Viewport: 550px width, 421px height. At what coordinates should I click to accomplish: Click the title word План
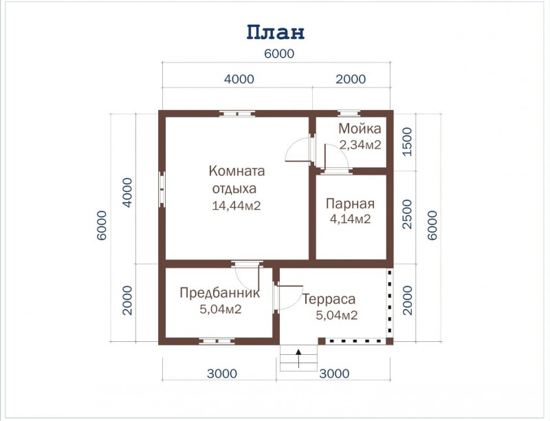pyautogui.click(x=276, y=32)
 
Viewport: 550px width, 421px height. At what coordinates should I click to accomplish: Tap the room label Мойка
pyautogui.click(x=360, y=129)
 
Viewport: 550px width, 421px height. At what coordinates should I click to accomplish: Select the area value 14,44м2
pyautogui.click(x=236, y=206)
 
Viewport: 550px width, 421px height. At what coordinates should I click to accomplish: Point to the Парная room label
pyautogui.click(x=350, y=204)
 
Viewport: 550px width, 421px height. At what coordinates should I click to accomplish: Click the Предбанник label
pyautogui.click(x=219, y=292)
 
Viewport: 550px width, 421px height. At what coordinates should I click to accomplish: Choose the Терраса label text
pyautogui.click(x=329, y=299)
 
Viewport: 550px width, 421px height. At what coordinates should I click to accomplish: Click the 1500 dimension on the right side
pyautogui.click(x=407, y=142)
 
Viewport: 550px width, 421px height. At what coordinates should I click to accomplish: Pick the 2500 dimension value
pyautogui.click(x=407, y=214)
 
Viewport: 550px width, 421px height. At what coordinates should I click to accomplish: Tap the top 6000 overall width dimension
pyautogui.click(x=279, y=54)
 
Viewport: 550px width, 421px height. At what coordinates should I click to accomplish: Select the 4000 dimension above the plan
pyautogui.click(x=239, y=79)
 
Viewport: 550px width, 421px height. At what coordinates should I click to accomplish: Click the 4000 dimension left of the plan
pyautogui.click(x=127, y=192)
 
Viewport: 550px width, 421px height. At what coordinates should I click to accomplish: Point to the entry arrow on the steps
pyautogui.click(x=298, y=358)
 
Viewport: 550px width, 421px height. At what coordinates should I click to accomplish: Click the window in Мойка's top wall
pyautogui.click(x=349, y=114)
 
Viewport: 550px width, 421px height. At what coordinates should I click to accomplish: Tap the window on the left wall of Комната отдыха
pyautogui.click(x=162, y=190)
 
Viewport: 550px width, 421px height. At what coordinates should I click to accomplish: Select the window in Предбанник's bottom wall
pyautogui.click(x=217, y=341)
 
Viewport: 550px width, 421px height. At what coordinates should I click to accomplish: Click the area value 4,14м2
pyautogui.click(x=350, y=219)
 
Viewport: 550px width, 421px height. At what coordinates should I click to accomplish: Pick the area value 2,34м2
pyautogui.click(x=360, y=144)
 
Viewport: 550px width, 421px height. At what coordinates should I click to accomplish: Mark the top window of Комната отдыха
pyautogui.click(x=237, y=114)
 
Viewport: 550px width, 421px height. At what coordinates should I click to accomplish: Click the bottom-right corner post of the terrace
pyautogui.click(x=389, y=341)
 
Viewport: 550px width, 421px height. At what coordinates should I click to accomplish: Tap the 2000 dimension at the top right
pyautogui.click(x=351, y=79)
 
